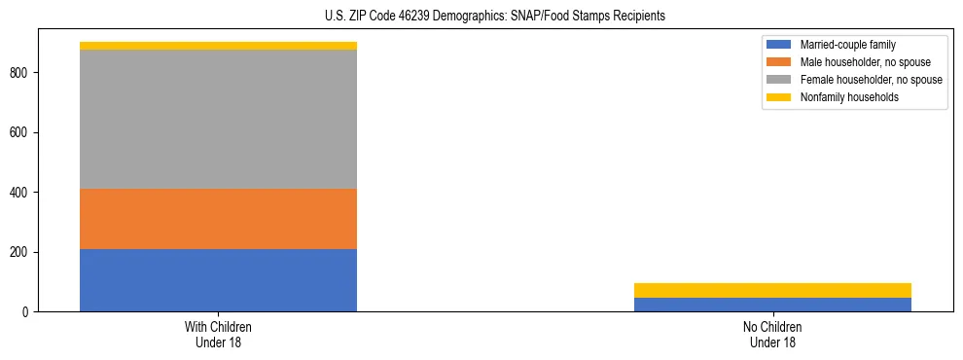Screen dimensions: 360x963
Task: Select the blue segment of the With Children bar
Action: [218, 280]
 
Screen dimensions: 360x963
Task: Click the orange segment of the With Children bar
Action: [218, 219]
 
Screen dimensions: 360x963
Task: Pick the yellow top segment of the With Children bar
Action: [218, 46]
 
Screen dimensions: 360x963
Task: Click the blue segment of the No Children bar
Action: [772, 305]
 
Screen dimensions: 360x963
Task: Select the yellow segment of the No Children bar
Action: [772, 290]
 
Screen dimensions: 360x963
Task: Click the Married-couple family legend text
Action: [847, 46]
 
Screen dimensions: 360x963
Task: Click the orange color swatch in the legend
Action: [780, 62]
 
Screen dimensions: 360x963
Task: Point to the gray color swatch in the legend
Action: [780, 80]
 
